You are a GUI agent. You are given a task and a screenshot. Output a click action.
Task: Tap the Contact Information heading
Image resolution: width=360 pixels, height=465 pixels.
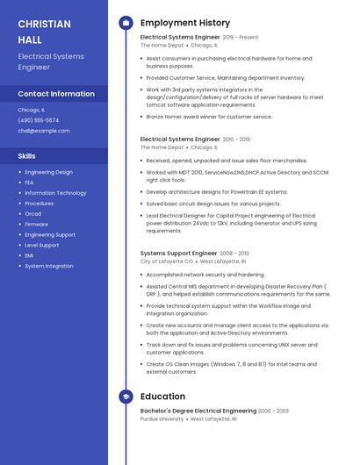click(56, 94)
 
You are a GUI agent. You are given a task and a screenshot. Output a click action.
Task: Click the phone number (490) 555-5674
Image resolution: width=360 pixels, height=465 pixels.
click(39, 120)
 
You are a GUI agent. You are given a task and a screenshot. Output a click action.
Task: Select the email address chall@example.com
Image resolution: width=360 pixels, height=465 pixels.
click(44, 131)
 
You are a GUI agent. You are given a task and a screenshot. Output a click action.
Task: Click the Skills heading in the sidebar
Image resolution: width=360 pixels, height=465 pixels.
click(27, 155)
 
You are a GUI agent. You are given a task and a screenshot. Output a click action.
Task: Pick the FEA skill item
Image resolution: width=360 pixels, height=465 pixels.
click(30, 182)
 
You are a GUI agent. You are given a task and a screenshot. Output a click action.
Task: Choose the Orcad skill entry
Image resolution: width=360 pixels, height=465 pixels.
click(33, 214)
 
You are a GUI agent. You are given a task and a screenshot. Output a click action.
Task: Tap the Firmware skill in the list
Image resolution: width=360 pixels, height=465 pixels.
click(37, 225)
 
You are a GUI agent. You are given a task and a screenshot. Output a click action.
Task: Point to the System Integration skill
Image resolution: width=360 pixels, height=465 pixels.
click(49, 266)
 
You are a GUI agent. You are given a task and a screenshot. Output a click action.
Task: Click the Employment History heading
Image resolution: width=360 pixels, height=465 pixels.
click(185, 23)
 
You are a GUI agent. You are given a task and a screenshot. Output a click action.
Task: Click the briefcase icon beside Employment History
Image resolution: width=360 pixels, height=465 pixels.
click(126, 23)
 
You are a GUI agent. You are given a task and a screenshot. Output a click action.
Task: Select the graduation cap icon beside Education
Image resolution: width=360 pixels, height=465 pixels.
click(126, 397)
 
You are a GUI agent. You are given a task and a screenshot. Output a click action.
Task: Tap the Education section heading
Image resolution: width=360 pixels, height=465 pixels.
click(162, 397)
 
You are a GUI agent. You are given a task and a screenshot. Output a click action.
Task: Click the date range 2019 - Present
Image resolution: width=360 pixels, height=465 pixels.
click(241, 38)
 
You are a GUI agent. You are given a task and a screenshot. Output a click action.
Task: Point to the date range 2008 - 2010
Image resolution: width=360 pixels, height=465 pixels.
click(234, 254)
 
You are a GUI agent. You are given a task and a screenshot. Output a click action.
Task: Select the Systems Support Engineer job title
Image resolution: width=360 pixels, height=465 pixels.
click(178, 254)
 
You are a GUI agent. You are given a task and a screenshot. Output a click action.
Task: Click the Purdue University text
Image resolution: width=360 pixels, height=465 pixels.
click(162, 419)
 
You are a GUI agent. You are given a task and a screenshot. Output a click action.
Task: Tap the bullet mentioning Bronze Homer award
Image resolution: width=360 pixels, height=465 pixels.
click(209, 117)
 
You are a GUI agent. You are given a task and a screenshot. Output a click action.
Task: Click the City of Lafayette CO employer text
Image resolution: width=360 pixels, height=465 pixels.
click(166, 261)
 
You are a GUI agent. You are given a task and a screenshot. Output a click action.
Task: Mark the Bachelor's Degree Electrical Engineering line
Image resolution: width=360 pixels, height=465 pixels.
click(198, 411)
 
